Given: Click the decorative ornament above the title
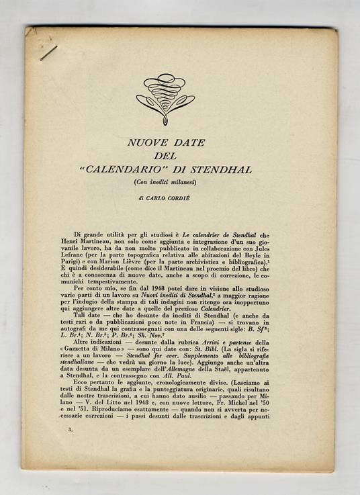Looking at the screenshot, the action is [x=165, y=97].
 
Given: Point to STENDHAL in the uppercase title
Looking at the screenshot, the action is [x=226, y=169].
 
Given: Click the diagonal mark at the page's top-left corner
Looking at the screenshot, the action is [x=48, y=52].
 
